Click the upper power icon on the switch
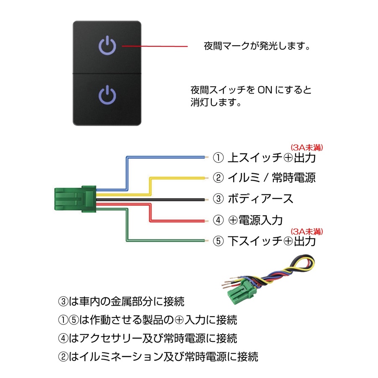coord(108,45)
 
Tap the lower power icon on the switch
coord(108,94)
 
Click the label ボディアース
coord(260,199)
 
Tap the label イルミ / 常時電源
coord(271,178)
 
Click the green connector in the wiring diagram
coord(75,198)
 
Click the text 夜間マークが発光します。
coord(257,46)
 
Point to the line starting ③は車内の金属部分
coord(121,301)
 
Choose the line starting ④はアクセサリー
coord(147,338)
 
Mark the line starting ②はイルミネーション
coord(158,357)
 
